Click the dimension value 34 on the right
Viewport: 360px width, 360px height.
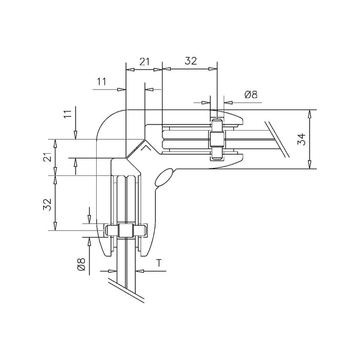[x=302, y=139]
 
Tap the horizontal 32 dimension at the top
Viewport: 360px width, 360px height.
[x=191, y=61]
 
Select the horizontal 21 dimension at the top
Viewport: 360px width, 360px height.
[x=145, y=62]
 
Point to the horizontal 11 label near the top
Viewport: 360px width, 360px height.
[x=101, y=81]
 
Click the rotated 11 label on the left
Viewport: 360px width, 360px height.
[x=68, y=114]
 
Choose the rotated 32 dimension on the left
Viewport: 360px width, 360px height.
[x=47, y=204]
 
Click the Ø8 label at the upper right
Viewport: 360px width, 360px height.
[x=251, y=94]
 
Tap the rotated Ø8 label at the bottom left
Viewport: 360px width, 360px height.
[x=81, y=264]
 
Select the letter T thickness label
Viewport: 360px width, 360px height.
[x=158, y=263]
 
